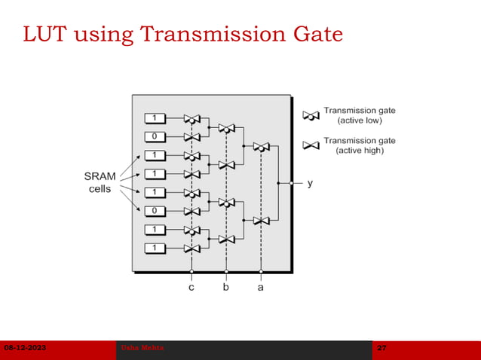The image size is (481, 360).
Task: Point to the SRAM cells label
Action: click(x=100, y=182)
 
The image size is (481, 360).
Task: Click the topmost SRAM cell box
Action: click(x=155, y=118)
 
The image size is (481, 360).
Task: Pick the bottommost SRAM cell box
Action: click(x=155, y=248)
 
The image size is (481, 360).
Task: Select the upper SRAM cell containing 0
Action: click(x=155, y=137)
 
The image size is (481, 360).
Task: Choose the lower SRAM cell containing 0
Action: click(x=155, y=211)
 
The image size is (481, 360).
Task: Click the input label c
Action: click(x=191, y=287)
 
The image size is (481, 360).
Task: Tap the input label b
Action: click(x=226, y=287)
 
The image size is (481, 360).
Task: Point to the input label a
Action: click(x=261, y=287)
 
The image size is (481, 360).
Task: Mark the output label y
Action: click(x=310, y=183)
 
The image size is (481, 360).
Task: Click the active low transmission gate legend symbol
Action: click(x=311, y=116)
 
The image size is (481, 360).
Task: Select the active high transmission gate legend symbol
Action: click(x=311, y=145)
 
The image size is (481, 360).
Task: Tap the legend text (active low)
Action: click(x=360, y=121)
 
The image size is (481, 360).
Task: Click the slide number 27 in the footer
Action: click(x=381, y=348)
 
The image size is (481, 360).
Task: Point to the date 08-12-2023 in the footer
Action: click(x=25, y=348)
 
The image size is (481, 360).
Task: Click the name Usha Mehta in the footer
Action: click(x=142, y=348)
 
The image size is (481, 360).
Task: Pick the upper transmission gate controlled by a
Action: click(x=261, y=147)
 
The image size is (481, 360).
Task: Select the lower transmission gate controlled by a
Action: click(x=261, y=220)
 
